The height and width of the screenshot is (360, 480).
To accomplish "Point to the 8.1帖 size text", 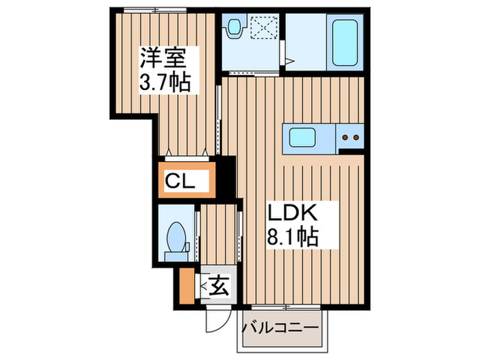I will point(291,237).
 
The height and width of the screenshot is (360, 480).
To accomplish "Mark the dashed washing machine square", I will point(263,29).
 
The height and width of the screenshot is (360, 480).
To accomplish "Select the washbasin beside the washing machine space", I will point(235,29).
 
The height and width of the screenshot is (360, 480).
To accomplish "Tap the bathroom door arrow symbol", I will point(289,62).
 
